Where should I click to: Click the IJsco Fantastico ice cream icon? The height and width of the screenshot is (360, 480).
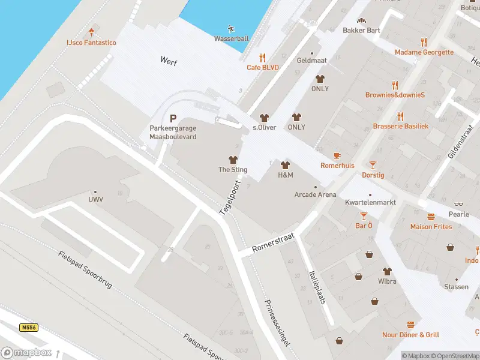tap(91, 32)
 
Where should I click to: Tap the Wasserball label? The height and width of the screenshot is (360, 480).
tap(232, 39)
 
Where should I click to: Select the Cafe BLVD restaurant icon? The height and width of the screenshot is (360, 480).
tap(262, 58)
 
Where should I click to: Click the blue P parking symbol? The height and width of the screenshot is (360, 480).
tap(173, 119)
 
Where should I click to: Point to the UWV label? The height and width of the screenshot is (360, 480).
tap(95, 200)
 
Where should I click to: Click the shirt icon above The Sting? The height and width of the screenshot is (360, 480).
tap(233, 160)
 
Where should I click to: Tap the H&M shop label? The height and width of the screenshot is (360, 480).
tap(285, 175)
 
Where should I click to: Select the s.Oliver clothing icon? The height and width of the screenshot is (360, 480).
tap(263, 118)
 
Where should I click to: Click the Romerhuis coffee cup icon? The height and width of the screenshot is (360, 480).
tap(337, 155)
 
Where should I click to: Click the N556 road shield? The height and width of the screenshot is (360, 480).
tap(28, 328)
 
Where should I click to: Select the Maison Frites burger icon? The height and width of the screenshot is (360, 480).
tap(431, 217)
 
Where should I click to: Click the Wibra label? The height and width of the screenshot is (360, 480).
tap(387, 281)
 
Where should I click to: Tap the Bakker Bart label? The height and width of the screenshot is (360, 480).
tap(361, 30)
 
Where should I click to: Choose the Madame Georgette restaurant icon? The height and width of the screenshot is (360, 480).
tap(424, 42)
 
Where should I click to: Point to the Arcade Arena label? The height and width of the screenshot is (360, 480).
tap(315, 194)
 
